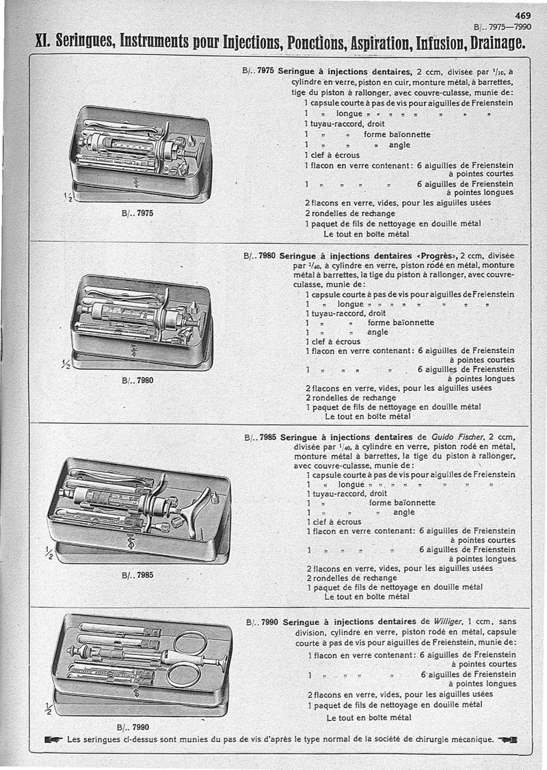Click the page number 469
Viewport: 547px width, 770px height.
coord(523,18)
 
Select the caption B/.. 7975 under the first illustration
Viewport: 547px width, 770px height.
coord(137,213)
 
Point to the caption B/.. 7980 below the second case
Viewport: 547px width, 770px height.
coord(137,380)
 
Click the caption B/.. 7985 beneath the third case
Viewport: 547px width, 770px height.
coord(137,575)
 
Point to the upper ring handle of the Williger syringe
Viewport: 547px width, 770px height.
coord(190,642)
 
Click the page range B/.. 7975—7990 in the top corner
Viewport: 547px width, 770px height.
coord(503,28)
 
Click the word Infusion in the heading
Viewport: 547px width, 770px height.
coord(410,44)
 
